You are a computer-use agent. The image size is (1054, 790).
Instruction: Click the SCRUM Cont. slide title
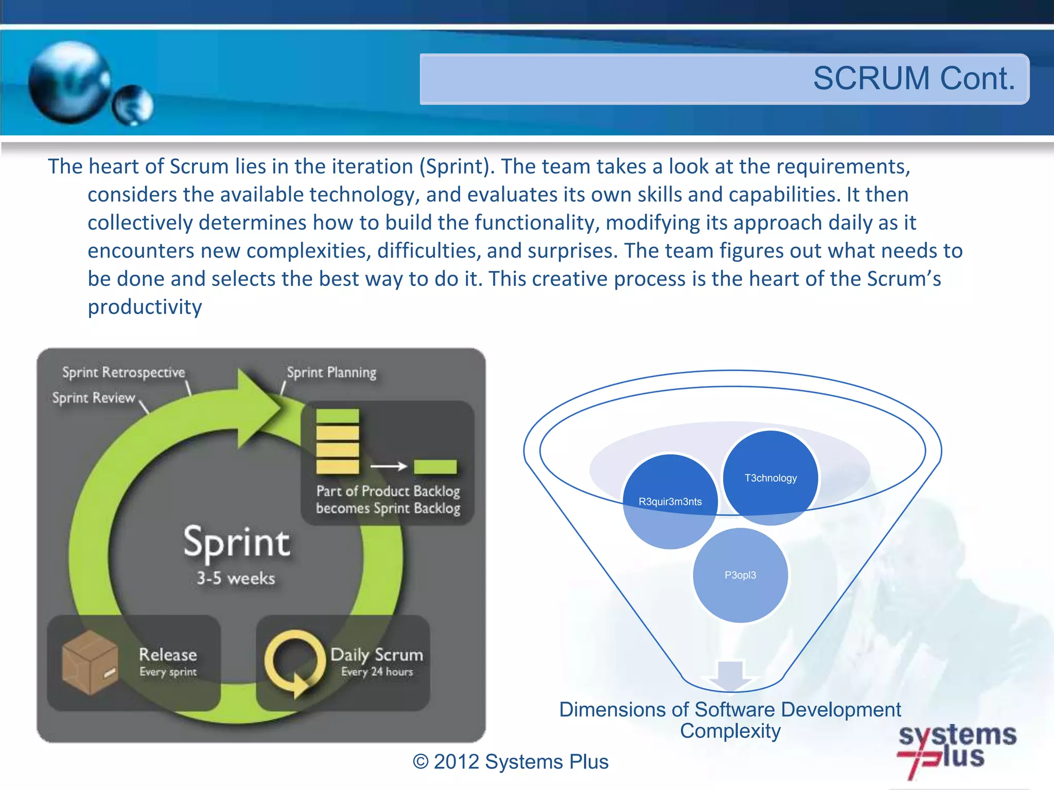[x=914, y=79]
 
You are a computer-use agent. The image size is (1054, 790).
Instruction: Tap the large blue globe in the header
[x=69, y=82]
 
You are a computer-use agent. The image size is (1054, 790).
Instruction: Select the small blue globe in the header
[x=133, y=105]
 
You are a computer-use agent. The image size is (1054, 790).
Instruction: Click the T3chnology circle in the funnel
[x=770, y=477]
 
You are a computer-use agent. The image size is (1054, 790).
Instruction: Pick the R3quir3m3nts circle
[x=670, y=501]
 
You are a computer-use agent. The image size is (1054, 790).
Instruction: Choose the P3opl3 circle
[x=740, y=575]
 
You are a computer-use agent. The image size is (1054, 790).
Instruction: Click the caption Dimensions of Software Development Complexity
[x=730, y=720]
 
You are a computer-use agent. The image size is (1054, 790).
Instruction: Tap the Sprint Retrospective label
[x=124, y=372]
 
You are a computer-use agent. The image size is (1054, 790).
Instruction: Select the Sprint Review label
[x=94, y=398]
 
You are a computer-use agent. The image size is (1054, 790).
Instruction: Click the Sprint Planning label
[x=331, y=372]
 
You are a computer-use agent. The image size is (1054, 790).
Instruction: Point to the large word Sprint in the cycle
[x=237, y=543]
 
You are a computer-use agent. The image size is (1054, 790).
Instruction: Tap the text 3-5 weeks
[x=236, y=579]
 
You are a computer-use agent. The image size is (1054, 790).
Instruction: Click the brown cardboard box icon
[x=90, y=662]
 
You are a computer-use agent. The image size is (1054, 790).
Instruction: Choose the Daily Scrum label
[x=377, y=655]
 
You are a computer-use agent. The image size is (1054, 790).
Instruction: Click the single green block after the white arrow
[x=435, y=466]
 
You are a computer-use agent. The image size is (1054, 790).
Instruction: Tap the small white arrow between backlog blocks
[x=389, y=466]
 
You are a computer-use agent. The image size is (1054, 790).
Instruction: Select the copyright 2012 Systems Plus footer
[x=511, y=762]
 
